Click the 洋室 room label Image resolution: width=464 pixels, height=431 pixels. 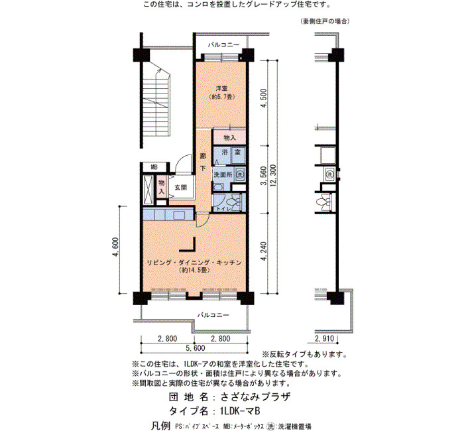coord(221,88)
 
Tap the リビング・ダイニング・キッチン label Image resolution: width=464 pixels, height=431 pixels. coord(194,263)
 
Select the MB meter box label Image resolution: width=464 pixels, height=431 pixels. coord(154,167)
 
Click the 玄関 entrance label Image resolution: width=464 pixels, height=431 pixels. coord(180,188)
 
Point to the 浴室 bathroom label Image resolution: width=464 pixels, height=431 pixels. coord(231,153)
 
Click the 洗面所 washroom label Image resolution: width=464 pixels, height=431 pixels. coord(223,174)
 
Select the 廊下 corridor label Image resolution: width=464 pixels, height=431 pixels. coord(203,162)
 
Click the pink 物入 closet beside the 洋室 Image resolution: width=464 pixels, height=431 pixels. coord(229,138)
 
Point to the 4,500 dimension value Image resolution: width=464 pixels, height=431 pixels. coord(264,99)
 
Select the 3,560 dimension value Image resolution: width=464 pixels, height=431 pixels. coord(263,176)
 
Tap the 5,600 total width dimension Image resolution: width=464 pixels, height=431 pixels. coord(195,348)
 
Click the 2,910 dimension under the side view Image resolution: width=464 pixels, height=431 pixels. coord(325,339)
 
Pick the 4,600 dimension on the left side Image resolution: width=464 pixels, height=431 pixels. coord(115,247)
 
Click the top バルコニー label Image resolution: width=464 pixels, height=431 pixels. coord(224,44)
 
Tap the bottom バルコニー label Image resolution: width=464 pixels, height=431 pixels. coord(213,315)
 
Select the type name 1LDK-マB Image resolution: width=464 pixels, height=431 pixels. coord(240,411)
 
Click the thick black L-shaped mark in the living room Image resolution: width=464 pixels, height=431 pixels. coord(190,245)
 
